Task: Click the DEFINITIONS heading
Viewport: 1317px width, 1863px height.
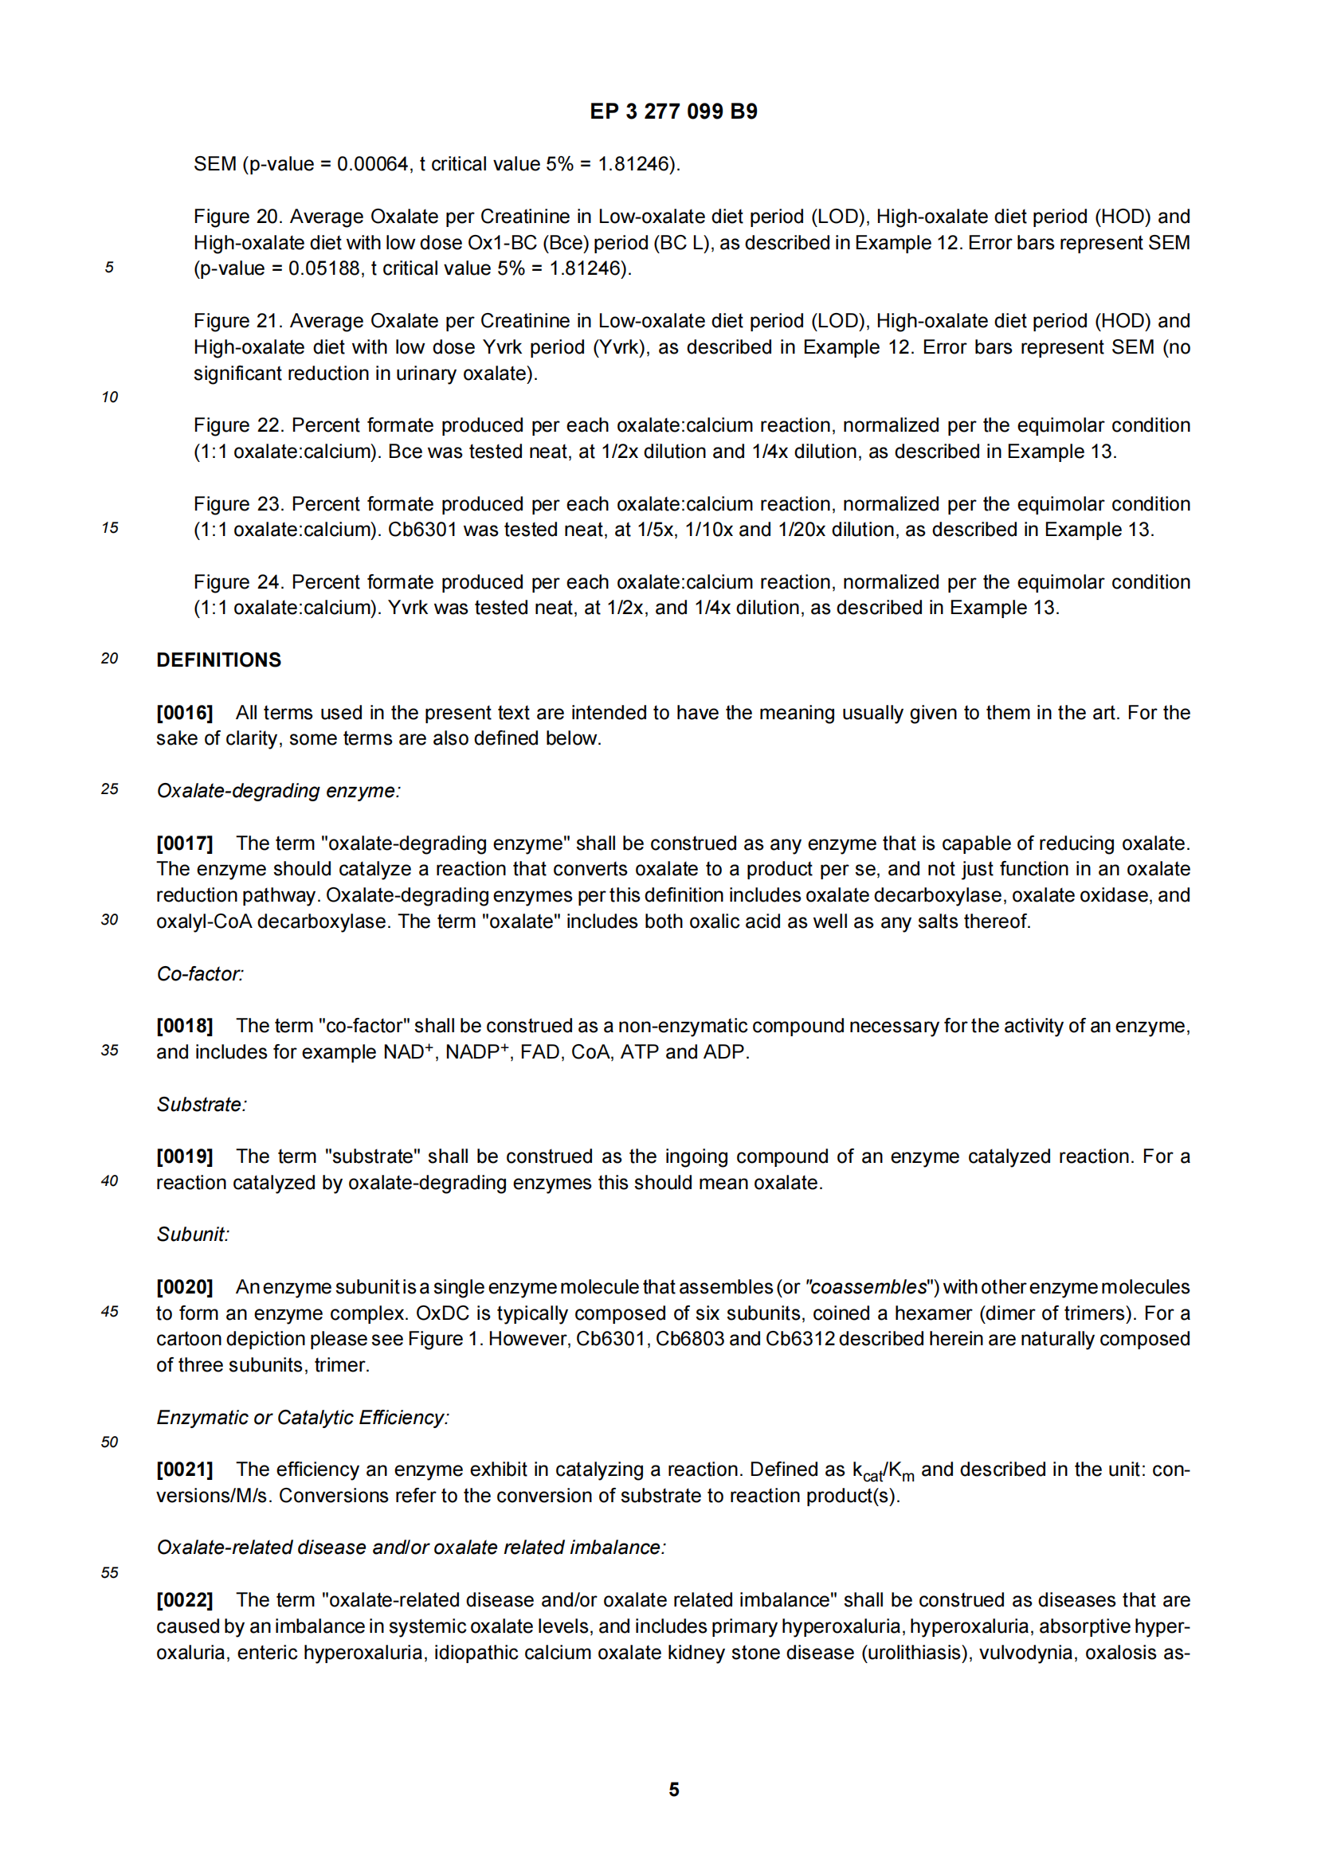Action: pyautogui.click(x=218, y=659)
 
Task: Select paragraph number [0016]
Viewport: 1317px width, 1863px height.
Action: pyautogui.click(x=184, y=712)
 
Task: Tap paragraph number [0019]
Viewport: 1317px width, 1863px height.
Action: pyautogui.click(x=184, y=1157)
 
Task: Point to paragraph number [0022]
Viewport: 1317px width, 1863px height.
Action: pyautogui.click(x=184, y=1600)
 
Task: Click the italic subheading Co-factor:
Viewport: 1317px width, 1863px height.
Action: pyautogui.click(x=200, y=973)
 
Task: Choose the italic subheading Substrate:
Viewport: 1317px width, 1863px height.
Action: pyautogui.click(x=202, y=1104)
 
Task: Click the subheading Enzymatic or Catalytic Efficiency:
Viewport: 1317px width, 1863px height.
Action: pyautogui.click(x=303, y=1418)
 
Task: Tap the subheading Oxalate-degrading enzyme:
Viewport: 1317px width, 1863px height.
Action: pyautogui.click(x=278, y=790)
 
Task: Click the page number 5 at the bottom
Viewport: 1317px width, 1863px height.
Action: pyautogui.click(x=673, y=1790)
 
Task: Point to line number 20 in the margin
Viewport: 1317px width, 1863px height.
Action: pyautogui.click(x=109, y=658)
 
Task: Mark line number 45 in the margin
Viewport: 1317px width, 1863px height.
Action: pyautogui.click(x=109, y=1311)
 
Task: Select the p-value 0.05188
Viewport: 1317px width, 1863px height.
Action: pyautogui.click(x=323, y=268)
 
